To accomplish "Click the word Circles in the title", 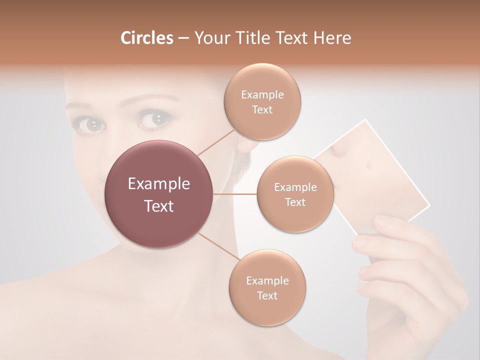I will click(x=146, y=38).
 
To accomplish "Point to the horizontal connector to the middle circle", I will click(x=235, y=194).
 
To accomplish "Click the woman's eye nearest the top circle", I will click(x=156, y=119).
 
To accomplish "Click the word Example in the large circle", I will click(x=159, y=184).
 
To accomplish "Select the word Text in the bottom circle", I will click(x=267, y=295).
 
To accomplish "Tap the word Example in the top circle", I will click(x=262, y=95).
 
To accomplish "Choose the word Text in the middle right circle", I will click(x=295, y=202).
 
